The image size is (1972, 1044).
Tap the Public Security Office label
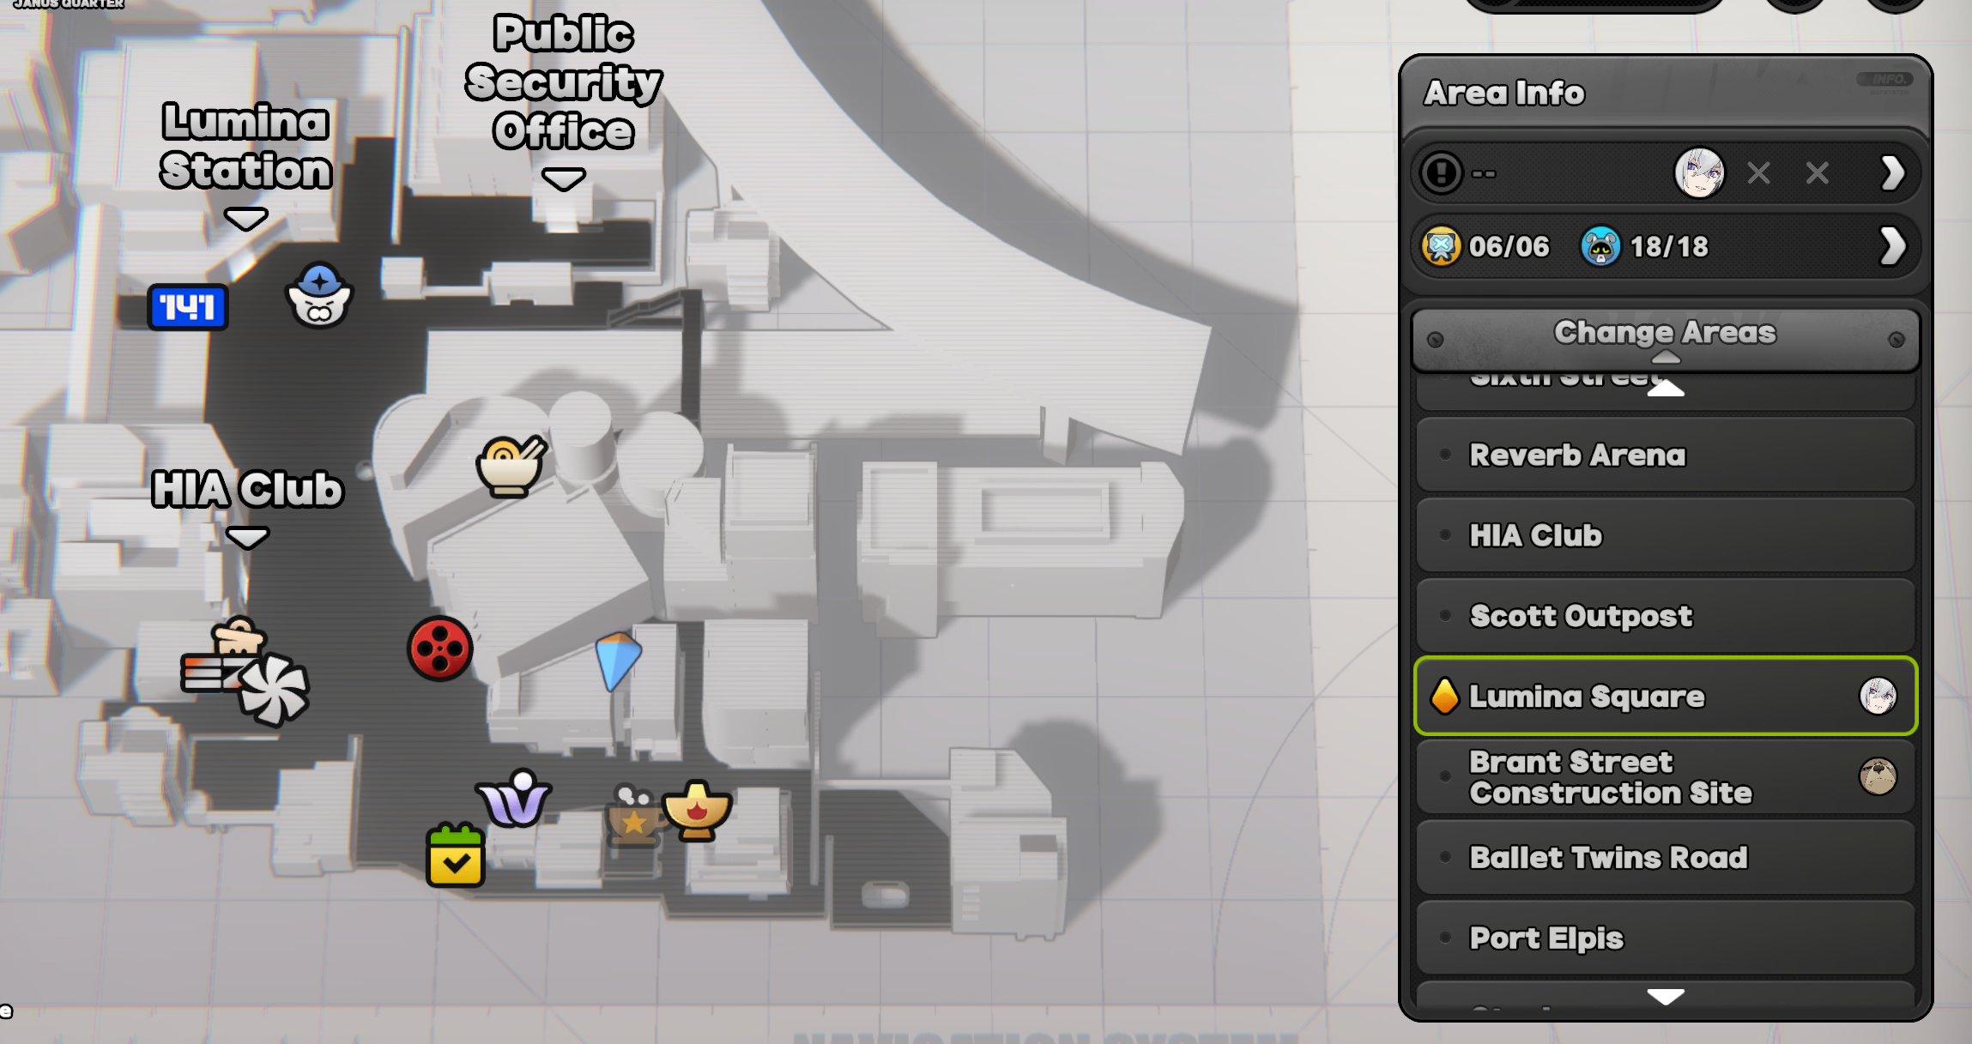(563, 82)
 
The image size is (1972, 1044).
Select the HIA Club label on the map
(247, 490)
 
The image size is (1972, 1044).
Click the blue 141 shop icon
(188, 307)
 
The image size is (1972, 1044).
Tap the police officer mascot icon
(319, 296)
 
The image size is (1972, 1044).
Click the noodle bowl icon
(511, 466)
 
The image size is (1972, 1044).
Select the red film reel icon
(440, 649)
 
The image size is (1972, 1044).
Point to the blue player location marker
(617, 659)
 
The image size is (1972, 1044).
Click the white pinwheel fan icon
(274, 691)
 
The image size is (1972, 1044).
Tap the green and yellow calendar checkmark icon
(456, 855)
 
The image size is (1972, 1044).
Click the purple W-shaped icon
(515, 799)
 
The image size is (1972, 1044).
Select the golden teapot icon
(697, 810)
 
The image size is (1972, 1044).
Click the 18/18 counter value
(1669, 247)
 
